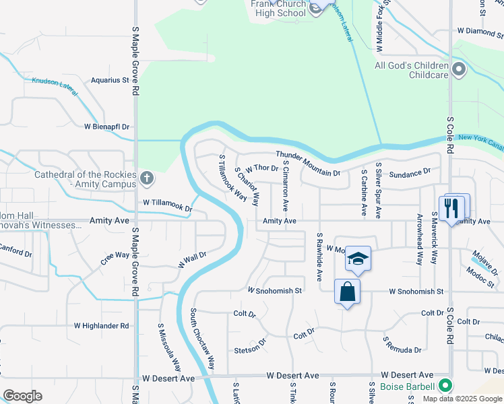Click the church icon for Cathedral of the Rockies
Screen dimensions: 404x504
pos(147,179)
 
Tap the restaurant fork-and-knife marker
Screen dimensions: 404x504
pos(451,207)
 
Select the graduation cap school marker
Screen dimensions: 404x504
pos(357,259)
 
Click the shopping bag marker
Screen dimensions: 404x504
pos(347,292)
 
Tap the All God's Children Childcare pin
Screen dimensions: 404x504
pos(459,70)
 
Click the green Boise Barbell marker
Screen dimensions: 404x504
pos(444,386)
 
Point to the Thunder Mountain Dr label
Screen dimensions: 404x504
pos(307,164)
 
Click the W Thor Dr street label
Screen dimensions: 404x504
pos(262,168)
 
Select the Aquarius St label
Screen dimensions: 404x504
pos(110,80)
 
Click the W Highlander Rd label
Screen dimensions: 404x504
pos(101,325)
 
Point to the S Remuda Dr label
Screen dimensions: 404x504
pos(402,345)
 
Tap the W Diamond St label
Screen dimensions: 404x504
pos(480,31)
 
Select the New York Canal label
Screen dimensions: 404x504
pos(480,141)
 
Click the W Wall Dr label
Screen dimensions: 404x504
pos(192,260)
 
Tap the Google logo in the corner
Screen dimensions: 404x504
pos(22,396)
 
